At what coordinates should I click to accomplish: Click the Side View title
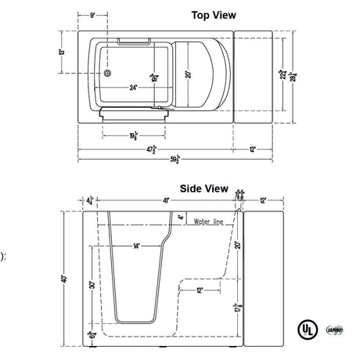pyautogui.click(x=203, y=189)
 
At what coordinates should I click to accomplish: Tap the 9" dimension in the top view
pyautogui.click(x=92, y=16)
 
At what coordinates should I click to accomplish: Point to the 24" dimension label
pyautogui.click(x=135, y=87)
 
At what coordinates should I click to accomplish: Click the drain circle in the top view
pyautogui.click(x=108, y=76)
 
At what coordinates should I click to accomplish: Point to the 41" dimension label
pyautogui.click(x=167, y=201)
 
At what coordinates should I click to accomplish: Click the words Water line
pyautogui.click(x=207, y=222)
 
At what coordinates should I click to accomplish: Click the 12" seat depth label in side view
pyautogui.click(x=200, y=290)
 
